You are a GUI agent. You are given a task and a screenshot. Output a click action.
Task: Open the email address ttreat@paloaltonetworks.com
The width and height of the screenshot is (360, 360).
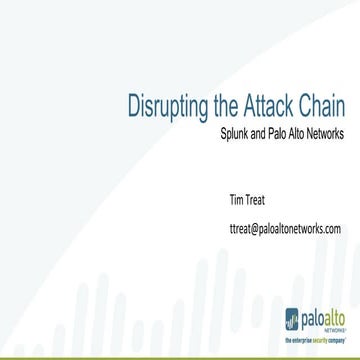[x=284, y=228]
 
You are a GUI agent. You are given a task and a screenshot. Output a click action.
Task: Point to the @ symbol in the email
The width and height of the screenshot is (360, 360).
[x=255, y=228]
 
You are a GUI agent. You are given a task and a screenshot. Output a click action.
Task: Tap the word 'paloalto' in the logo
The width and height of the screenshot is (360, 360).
[x=324, y=318]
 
